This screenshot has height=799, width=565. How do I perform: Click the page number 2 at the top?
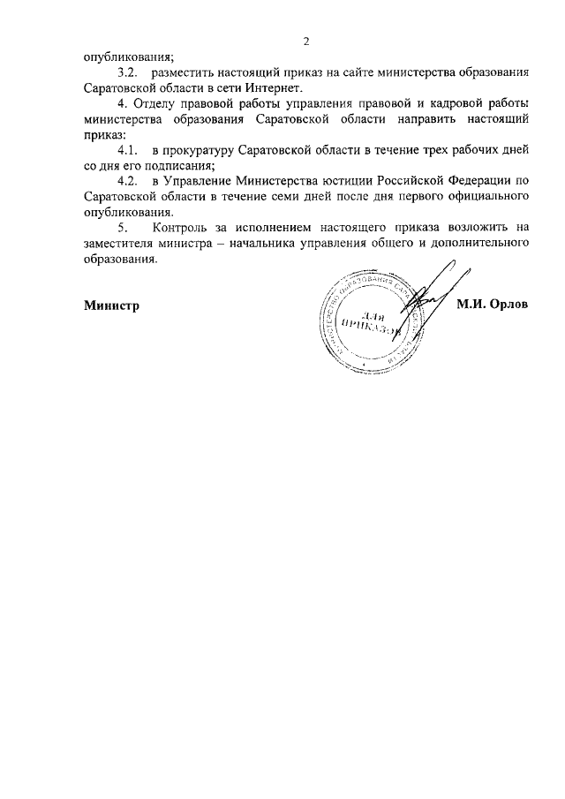(305, 41)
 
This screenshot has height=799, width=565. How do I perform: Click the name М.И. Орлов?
(492, 305)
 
